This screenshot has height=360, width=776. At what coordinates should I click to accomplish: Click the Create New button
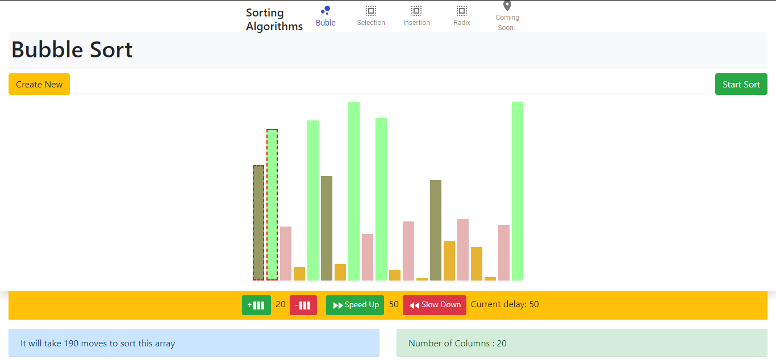point(39,84)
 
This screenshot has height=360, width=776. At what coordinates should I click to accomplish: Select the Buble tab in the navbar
point(326,16)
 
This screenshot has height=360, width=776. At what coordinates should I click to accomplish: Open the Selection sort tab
point(371,16)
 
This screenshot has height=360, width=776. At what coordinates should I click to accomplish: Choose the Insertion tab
point(416,16)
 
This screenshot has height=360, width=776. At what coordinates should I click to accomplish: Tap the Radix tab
point(462,16)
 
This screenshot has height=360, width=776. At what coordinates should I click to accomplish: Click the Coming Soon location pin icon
point(507,6)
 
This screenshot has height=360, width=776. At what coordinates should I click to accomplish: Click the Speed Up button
point(355,305)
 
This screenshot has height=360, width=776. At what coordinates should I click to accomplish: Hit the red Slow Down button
point(435,305)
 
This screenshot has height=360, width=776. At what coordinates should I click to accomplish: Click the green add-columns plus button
point(256,305)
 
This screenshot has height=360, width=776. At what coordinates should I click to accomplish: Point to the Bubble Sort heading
point(72,50)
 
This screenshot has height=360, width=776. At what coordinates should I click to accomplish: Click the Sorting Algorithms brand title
point(274,19)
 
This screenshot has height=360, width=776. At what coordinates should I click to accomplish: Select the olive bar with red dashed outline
point(258,223)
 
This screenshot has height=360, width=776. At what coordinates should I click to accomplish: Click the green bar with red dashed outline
point(272,204)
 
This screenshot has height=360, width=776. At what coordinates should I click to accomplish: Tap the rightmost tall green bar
point(518,191)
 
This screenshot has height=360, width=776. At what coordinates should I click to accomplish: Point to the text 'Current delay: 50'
point(504,304)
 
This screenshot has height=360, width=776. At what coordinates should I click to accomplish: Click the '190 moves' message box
point(194,343)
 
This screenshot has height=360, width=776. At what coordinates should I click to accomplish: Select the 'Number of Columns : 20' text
point(457,343)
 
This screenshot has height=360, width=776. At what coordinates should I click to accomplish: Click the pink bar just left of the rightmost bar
point(504,252)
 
